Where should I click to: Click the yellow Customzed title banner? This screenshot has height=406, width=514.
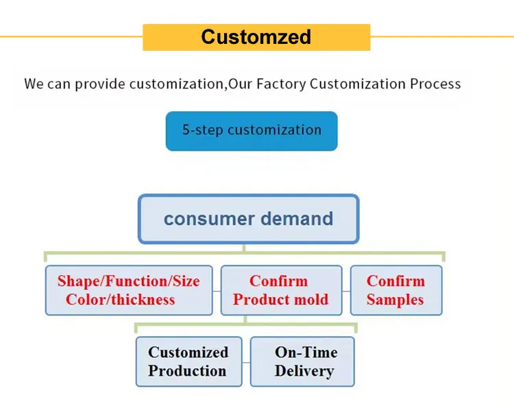coord(256,37)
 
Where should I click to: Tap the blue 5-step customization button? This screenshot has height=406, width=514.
coord(252,131)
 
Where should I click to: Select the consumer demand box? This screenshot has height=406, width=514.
coord(248,219)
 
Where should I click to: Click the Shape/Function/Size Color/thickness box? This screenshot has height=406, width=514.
coord(130,290)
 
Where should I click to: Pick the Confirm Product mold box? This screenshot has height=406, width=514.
coord(281,290)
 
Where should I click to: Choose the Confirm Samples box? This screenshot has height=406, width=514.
coord(395,290)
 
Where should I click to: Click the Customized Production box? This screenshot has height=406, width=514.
coord(188,361)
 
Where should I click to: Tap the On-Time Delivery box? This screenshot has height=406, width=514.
coord(303,361)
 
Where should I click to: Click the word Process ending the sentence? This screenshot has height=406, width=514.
coord(435,84)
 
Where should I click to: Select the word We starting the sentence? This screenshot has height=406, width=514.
coord(34,84)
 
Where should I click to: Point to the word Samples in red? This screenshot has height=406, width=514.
coord(395,300)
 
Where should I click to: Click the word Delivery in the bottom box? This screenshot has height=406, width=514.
coord(304,371)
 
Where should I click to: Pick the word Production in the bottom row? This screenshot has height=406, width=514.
coord(187,371)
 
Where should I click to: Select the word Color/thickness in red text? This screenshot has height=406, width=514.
coord(120,300)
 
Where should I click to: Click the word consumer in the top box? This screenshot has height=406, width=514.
coord(205,219)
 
